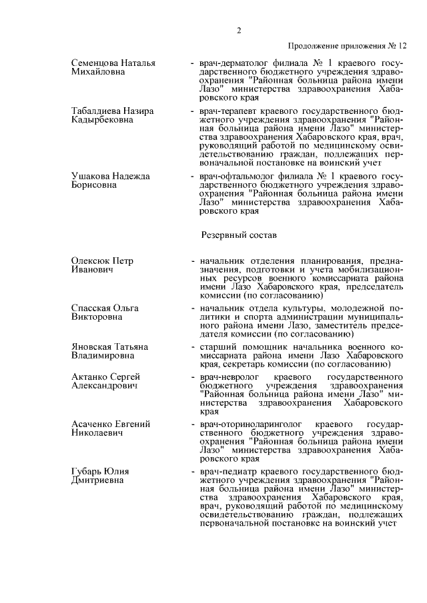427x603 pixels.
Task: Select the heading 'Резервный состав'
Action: coord(238,235)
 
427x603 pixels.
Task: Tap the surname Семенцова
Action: coord(97,63)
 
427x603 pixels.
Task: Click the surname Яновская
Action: coord(93,346)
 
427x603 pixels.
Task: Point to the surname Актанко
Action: coord(90,377)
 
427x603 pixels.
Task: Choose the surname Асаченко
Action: coord(94,424)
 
